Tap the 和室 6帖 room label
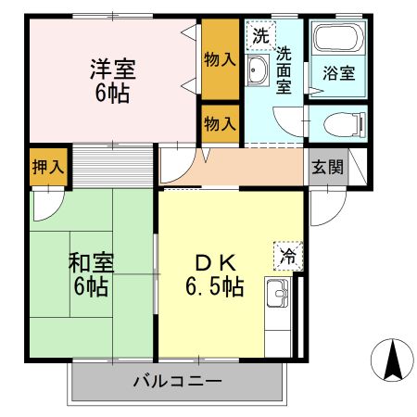tap(90, 273)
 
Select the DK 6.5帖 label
tap(212, 273)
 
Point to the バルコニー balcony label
tap(176, 380)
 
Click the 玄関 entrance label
tap(326, 168)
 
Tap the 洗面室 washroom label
tap(285, 70)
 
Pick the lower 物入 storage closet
tap(220, 121)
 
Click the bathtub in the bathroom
tap(338, 40)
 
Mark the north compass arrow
tap(393, 360)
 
